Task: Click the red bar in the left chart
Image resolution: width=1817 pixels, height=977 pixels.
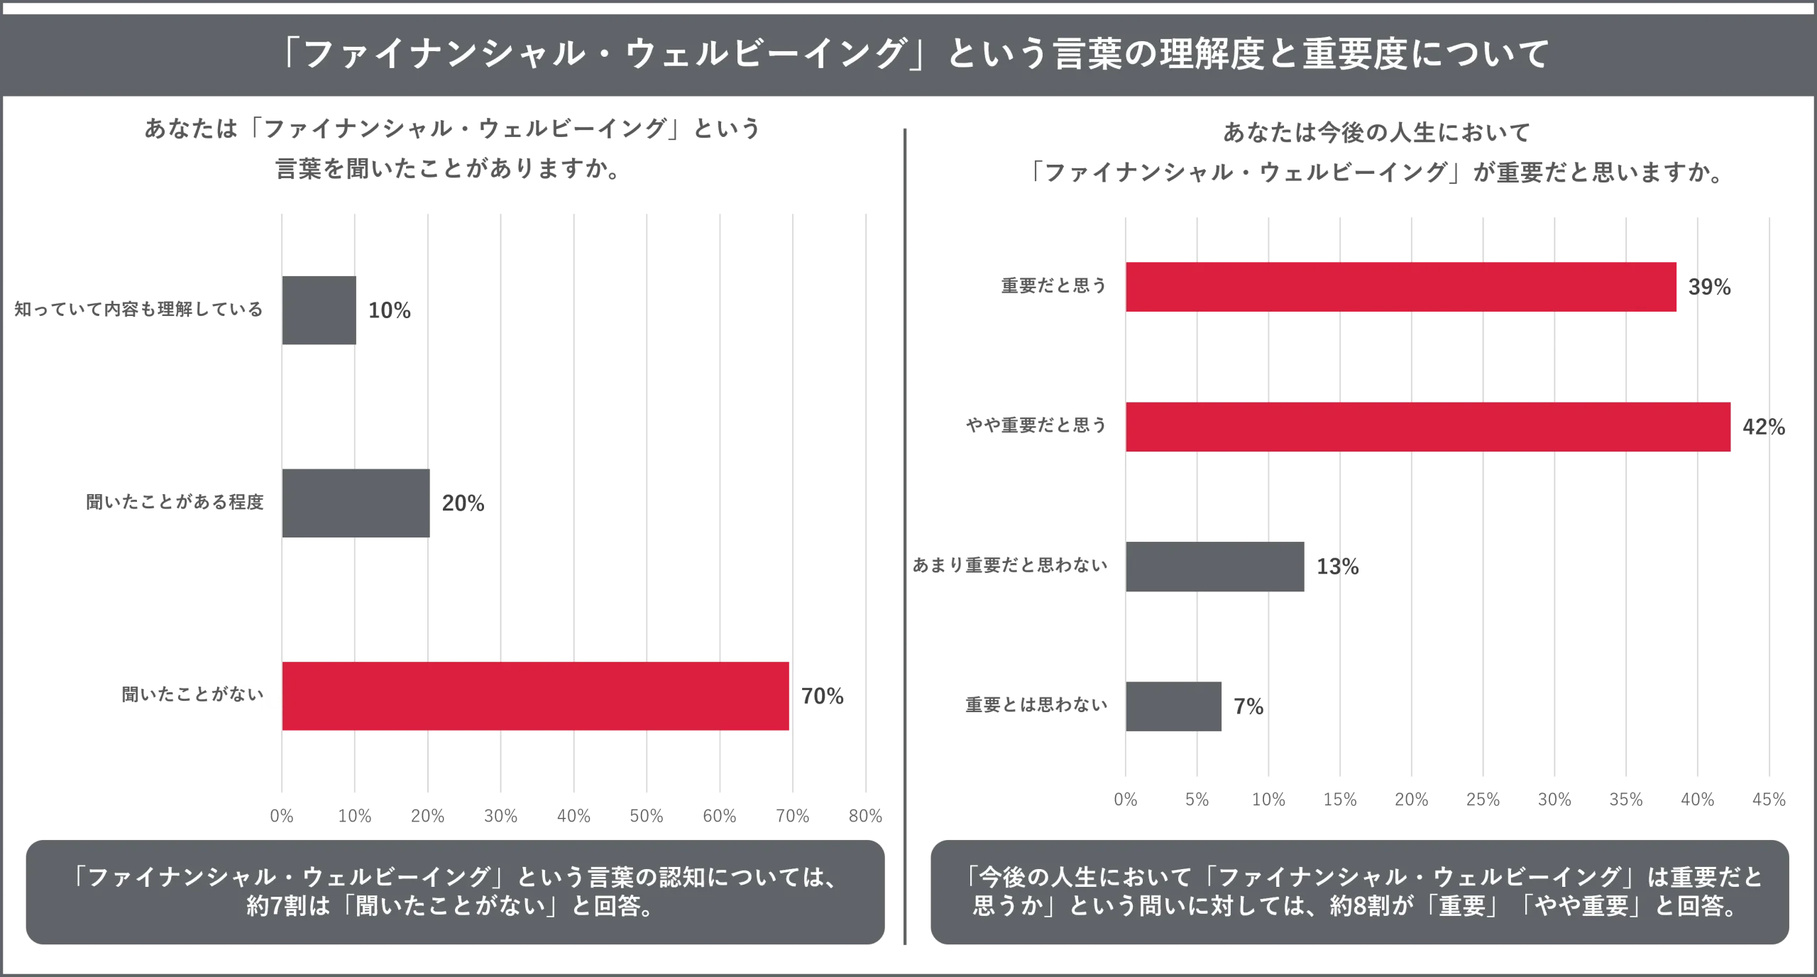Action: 536,696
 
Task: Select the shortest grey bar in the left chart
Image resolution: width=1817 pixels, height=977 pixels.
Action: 319,310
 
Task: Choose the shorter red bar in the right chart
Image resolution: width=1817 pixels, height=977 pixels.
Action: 1402,286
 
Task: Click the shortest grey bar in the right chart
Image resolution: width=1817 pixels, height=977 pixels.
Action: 1175,706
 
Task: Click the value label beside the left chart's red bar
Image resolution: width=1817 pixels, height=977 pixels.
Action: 823,696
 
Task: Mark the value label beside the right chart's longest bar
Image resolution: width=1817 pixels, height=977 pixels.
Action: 1766,426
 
